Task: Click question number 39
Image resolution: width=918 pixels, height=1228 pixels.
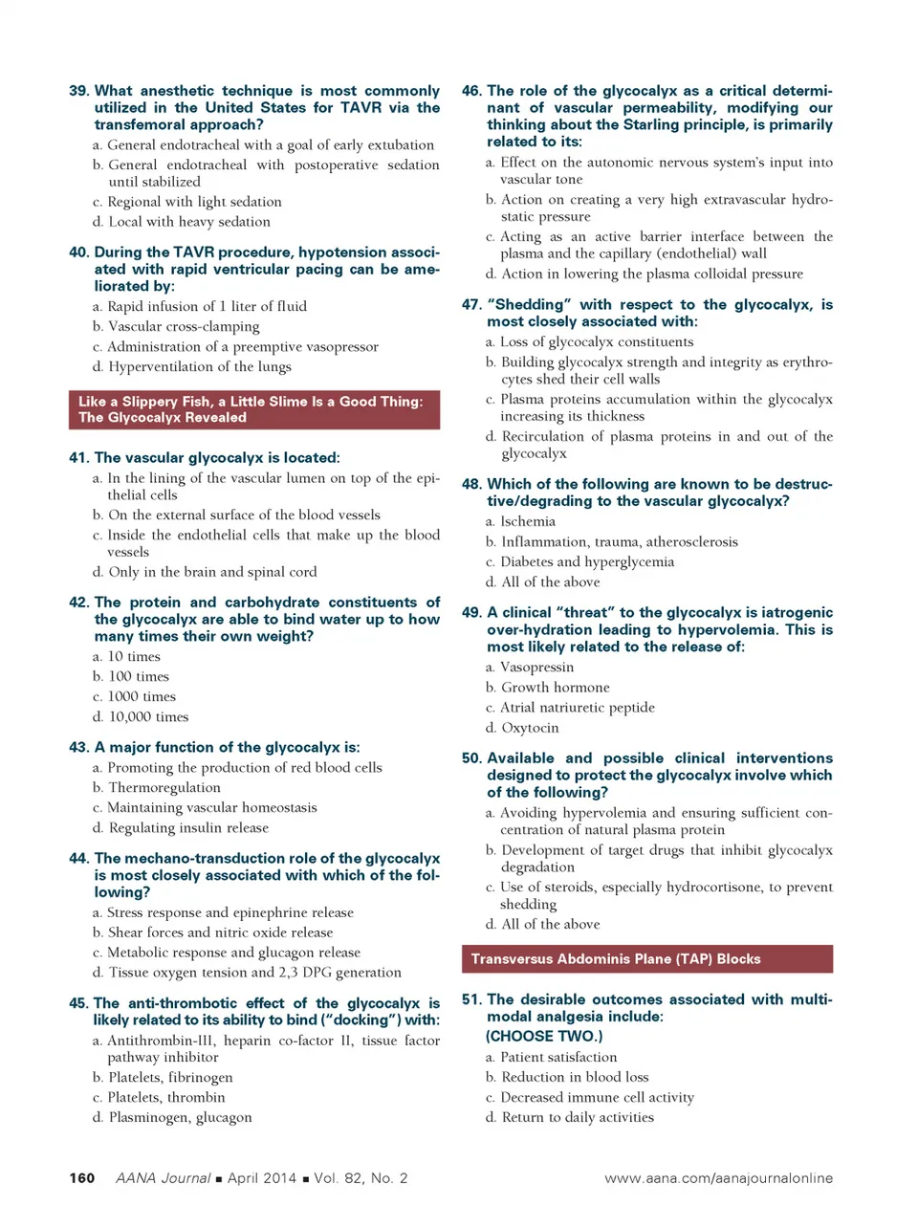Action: pos(79,91)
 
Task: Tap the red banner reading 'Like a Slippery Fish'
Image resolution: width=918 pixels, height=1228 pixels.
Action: pos(253,409)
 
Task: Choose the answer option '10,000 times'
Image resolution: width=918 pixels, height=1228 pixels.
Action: pos(148,716)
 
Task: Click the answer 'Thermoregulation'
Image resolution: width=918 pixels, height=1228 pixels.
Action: pos(164,787)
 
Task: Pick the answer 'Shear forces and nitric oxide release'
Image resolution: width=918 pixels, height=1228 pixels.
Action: pos(220,932)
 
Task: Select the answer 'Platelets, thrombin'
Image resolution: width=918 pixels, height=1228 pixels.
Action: pos(166,1097)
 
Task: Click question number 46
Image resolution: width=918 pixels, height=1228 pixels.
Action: pos(471,91)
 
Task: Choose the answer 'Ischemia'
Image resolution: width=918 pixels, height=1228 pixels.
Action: pos(527,521)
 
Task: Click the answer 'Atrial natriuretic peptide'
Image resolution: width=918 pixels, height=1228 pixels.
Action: pos(578,707)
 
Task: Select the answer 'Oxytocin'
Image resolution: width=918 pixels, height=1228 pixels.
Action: pos(530,727)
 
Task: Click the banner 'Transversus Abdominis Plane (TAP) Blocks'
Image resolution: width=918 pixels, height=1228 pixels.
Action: pos(646,958)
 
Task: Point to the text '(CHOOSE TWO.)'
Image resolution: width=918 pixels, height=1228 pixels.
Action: pos(544,1036)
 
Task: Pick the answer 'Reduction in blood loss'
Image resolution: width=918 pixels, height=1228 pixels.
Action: pos(575,1077)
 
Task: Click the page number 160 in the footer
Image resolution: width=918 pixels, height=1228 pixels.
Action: pos(82,1177)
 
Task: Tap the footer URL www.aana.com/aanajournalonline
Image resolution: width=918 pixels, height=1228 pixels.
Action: pos(718,1177)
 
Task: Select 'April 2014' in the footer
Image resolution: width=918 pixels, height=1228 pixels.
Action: pos(261,1177)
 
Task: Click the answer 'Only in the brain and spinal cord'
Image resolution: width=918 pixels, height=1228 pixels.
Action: pos(211,571)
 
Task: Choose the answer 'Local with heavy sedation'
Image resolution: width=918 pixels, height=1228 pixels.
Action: pos(188,221)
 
